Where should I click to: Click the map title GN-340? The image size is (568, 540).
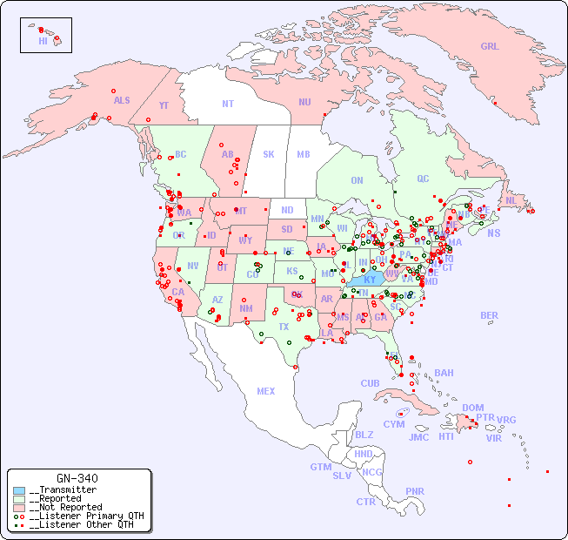[x=77, y=478]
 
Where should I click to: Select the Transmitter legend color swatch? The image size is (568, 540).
[x=18, y=490]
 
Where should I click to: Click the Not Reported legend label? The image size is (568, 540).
[x=64, y=507]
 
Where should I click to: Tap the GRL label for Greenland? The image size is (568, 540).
[x=490, y=47]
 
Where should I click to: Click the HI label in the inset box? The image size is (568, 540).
[x=43, y=41]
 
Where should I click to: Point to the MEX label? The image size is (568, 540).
[x=266, y=391]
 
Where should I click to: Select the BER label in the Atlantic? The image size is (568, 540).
[x=489, y=315]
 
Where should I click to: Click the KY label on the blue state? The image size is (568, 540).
[x=371, y=280]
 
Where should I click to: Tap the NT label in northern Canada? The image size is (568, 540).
[x=228, y=104]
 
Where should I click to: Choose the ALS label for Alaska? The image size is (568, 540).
[x=122, y=100]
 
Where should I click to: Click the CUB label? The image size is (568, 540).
[x=370, y=383]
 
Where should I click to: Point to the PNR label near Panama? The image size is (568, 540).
[x=415, y=491]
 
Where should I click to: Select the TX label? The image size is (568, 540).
[x=284, y=327]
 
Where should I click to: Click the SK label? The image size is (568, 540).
[x=269, y=154]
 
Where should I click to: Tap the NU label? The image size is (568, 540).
[x=304, y=102]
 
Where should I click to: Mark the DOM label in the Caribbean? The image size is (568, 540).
[x=472, y=408]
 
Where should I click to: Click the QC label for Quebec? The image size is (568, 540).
[x=423, y=179]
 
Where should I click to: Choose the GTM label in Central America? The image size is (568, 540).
[x=320, y=467]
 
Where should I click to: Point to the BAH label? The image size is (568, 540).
[x=444, y=373]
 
